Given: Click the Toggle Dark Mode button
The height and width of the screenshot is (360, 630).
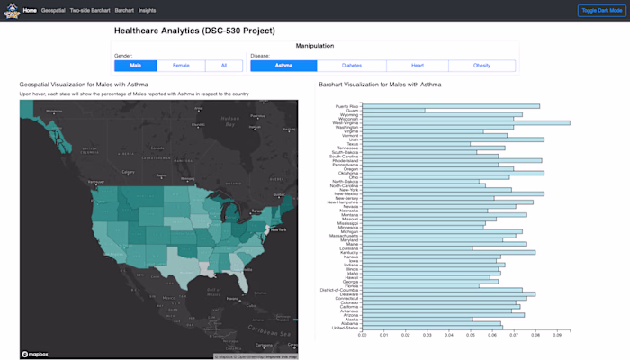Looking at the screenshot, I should tap(601, 10).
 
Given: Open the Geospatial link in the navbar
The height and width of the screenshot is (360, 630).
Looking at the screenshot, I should tap(54, 10).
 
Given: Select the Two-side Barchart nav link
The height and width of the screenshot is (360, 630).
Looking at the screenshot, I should tap(90, 10).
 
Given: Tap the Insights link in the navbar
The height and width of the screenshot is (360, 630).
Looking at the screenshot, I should tap(148, 10).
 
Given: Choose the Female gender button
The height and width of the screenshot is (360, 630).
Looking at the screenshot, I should tap(181, 66).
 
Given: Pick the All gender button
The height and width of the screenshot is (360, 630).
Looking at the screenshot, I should tap(223, 66).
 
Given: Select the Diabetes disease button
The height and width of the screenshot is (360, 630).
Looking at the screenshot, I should tap(351, 66).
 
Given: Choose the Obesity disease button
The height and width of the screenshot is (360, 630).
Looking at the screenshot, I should tap(481, 66).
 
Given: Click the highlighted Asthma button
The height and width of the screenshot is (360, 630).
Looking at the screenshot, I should tap(283, 66).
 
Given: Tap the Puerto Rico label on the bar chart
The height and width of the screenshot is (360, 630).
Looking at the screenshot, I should tap(347, 106).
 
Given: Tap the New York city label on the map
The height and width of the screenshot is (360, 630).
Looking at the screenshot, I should tap(276, 230).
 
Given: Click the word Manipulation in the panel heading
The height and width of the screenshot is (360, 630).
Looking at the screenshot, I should tap(314, 46).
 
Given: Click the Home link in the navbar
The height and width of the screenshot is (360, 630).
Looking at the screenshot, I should tap(31, 10).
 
